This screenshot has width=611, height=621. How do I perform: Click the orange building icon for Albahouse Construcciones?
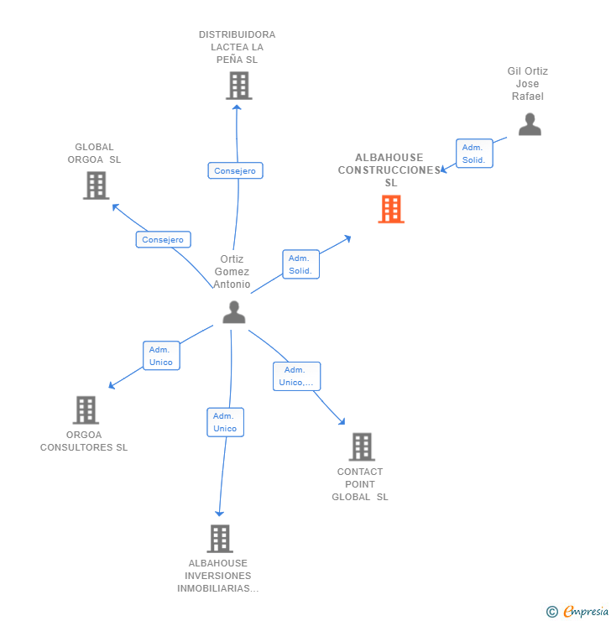coord(391,209)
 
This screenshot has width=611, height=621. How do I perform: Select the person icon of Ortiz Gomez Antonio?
coord(234,312)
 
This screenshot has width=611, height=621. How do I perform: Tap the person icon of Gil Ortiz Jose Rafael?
coord(530,124)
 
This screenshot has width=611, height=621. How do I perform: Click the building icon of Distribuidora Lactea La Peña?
coord(239,86)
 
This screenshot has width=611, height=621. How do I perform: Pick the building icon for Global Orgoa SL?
coord(97,185)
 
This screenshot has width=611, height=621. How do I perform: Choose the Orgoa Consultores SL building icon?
coord(86,410)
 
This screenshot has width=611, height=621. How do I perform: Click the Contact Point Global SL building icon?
coord(362,447)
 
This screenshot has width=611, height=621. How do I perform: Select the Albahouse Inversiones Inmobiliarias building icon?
coord(219,539)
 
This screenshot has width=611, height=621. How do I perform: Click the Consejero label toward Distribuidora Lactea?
coord(235,170)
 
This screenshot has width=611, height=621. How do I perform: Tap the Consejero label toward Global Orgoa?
coord(163,239)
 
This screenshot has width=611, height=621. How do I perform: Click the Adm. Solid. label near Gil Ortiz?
coord(474,154)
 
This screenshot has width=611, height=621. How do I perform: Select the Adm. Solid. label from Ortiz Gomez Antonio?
coord(300,264)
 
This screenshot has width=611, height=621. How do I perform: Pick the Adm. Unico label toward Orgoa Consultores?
coord(161,356)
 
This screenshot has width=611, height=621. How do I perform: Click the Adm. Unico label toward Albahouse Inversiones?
coord(225,422)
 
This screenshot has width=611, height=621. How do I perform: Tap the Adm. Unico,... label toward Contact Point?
coord(297,376)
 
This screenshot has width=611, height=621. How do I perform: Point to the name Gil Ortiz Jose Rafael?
coord(528,84)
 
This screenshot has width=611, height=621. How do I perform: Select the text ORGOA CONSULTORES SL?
coord(84,441)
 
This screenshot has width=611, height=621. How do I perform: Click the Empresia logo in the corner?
coord(585,612)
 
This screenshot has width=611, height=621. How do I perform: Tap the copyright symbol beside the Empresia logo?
coord(551,612)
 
